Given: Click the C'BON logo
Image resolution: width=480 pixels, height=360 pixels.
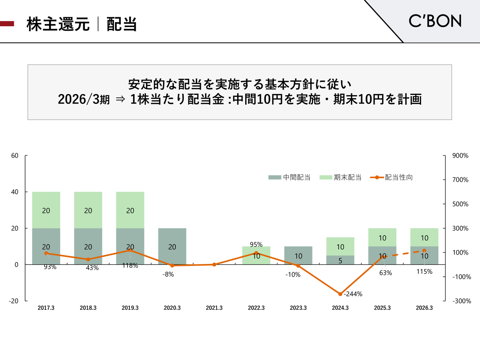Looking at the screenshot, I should tap(435, 21).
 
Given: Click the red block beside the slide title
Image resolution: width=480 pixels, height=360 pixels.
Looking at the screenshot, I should tap(7, 24).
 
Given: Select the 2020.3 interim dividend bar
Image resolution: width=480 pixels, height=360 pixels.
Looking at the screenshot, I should tap(172, 246).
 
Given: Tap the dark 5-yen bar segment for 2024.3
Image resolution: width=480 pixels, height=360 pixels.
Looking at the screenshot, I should tap(340, 260).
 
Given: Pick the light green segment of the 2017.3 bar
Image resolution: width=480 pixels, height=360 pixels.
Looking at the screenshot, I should tap(46, 210).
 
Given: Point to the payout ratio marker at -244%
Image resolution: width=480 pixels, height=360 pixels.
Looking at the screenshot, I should tap(340, 294).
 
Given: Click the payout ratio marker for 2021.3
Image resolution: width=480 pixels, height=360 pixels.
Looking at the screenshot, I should tap(214, 264).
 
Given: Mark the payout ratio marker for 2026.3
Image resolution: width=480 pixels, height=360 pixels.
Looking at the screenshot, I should tap(424, 250).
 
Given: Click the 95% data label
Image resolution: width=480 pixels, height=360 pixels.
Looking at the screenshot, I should tap(256, 244).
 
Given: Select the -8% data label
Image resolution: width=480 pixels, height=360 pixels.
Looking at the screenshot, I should tap(168, 274).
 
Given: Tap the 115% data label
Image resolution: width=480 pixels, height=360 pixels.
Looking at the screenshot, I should tap(424, 271).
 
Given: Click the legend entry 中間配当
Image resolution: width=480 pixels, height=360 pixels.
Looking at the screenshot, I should tap(289, 177).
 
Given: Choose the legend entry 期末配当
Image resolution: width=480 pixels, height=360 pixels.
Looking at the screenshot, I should tap(340, 177).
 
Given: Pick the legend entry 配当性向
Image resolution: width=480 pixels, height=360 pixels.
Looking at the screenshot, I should tap(391, 177).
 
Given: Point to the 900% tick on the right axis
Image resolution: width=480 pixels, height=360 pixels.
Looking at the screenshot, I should tap(460, 156).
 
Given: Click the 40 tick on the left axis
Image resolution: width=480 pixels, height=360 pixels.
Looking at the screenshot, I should tap(15, 192).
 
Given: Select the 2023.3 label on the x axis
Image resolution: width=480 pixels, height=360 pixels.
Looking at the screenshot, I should tap(298, 308).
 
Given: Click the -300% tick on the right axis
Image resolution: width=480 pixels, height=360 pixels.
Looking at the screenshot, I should tap(462, 301).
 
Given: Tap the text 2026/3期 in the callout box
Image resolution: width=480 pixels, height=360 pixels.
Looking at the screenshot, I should tap(84, 99).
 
